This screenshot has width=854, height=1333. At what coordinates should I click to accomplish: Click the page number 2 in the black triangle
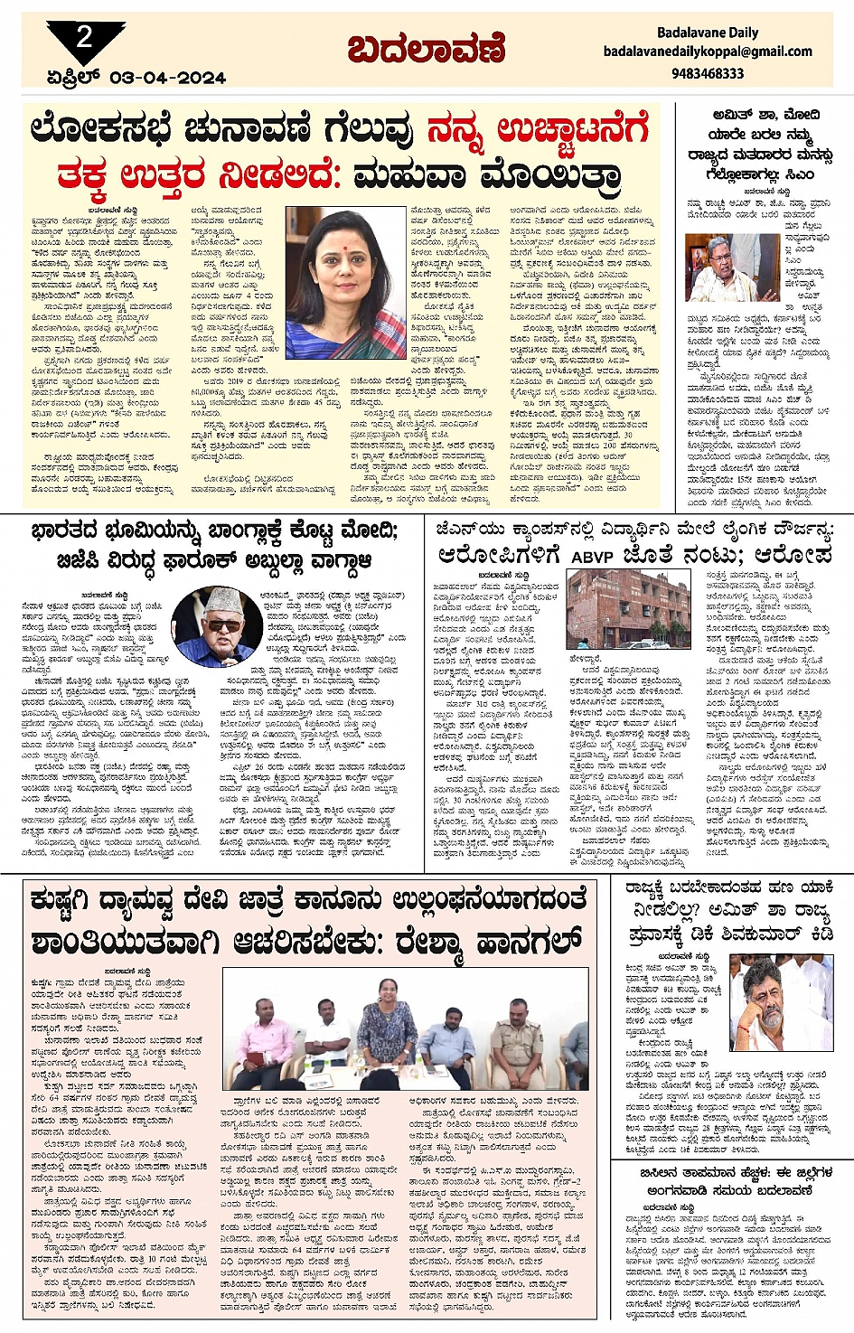click(84, 37)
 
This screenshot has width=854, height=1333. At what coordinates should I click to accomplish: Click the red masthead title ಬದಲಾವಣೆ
click(426, 50)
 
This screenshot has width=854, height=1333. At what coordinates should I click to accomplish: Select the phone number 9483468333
click(708, 73)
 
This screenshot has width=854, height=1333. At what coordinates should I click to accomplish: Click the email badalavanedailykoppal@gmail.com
click(708, 52)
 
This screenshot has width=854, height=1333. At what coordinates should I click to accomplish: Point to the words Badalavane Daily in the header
click(708, 32)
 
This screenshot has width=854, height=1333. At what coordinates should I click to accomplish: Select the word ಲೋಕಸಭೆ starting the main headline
click(100, 130)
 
